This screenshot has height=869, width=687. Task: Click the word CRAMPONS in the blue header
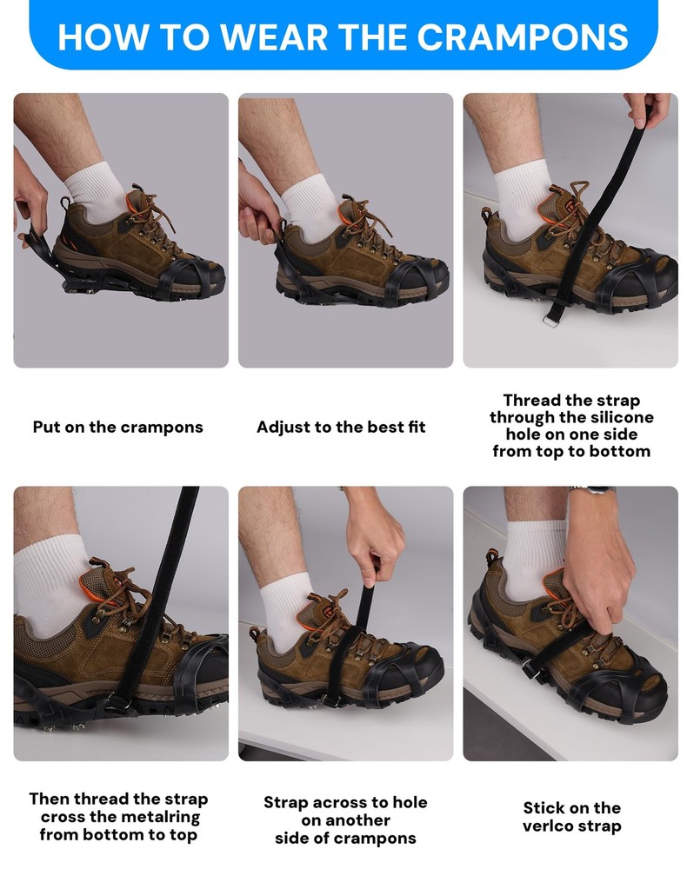tap(523, 36)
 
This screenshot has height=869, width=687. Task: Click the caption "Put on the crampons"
tap(118, 428)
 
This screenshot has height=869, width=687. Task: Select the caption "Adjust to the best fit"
tap(341, 428)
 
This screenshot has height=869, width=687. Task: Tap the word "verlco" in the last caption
tap(546, 826)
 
